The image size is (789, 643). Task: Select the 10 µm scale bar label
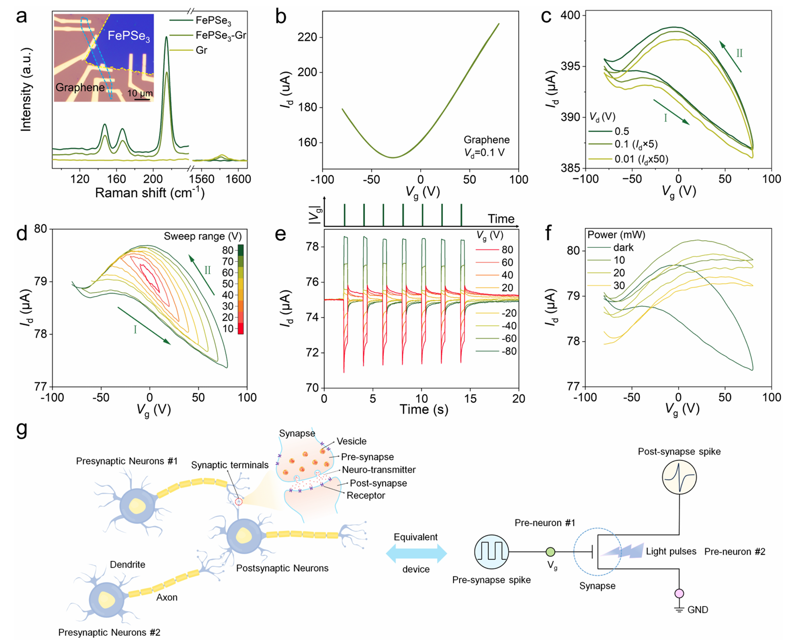pyautogui.click(x=139, y=93)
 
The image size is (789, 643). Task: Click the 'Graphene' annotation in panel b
pyautogui.click(x=486, y=140)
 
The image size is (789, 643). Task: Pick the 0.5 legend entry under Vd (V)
pyautogui.click(x=622, y=131)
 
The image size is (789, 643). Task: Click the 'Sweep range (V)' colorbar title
pyautogui.click(x=203, y=236)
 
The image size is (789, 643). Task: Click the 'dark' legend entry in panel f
pyautogui.click(x=623, y=247)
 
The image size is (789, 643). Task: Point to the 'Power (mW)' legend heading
pyautogui.click(x=616, y=235)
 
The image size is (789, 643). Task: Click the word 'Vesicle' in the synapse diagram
pyautogui.click(x=351, y=441)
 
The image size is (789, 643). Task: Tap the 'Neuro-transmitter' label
pyautogui.click(x=379, y=470)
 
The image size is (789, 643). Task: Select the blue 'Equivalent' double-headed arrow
pyautogui.click(x=416, y=553)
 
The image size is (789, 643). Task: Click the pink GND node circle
pyautogui.click(x=680, y=594)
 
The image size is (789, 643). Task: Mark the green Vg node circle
pyautogui.click(x=550, y=552)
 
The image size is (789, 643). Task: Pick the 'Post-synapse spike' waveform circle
pyautogui.click(x=679, y=477)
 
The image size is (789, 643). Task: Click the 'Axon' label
pyautogui.click(x=167, y=597)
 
